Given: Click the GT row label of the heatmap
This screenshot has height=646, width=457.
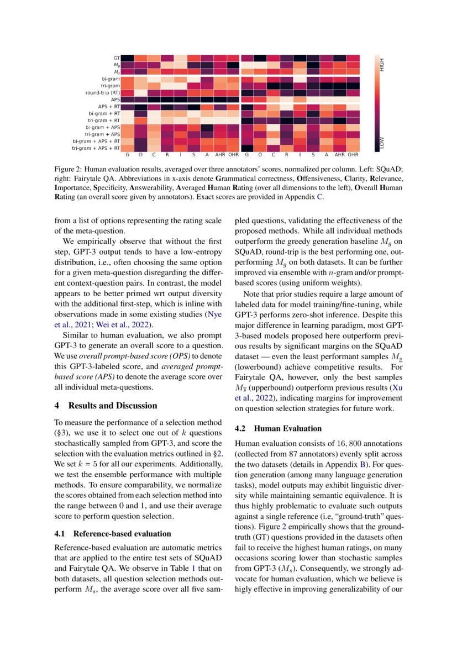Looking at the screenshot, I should tap(117, 58).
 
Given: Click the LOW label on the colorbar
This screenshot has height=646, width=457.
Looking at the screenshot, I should tap(381, 144).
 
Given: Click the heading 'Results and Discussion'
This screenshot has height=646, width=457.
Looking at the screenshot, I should tap(113, 406).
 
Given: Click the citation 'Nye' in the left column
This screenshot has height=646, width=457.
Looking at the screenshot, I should tap(213, 314).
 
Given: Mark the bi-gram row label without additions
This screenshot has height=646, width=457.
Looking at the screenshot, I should tap(111, 78).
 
